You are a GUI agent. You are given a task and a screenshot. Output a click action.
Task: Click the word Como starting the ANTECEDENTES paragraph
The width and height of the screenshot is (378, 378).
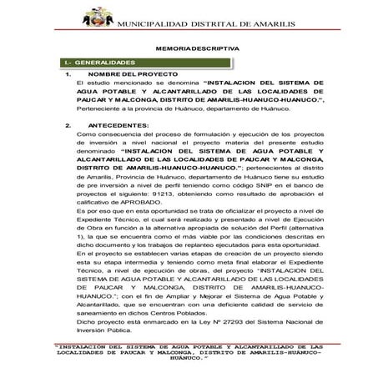84,134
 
